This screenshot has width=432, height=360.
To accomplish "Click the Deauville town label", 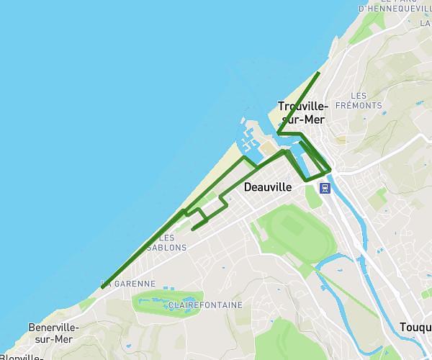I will pyautogui.click(x=267, y=187).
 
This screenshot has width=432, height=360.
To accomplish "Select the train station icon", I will pyautogui.click(x=325, y=188).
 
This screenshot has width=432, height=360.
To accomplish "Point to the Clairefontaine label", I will pyautogui.click(x=205, y=305).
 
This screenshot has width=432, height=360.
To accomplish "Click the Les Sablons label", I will pyautogui.click(x=166, y=243).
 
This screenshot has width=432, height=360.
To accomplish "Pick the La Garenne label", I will pyautogui.click(x=128, y=284).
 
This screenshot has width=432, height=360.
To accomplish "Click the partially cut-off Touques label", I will pyautogui.click(x=415, y=328).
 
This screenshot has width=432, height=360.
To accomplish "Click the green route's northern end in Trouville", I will pyautogui.click(x=319, y=73).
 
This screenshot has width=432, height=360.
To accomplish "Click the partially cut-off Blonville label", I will pyautogui.click(x=22, y=356).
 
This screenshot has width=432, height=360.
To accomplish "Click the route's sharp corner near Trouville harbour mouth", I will pyautogui.click(x=278, y=133).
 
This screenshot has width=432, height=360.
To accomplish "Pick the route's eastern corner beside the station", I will pyautogui.click(x=330, y=170).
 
